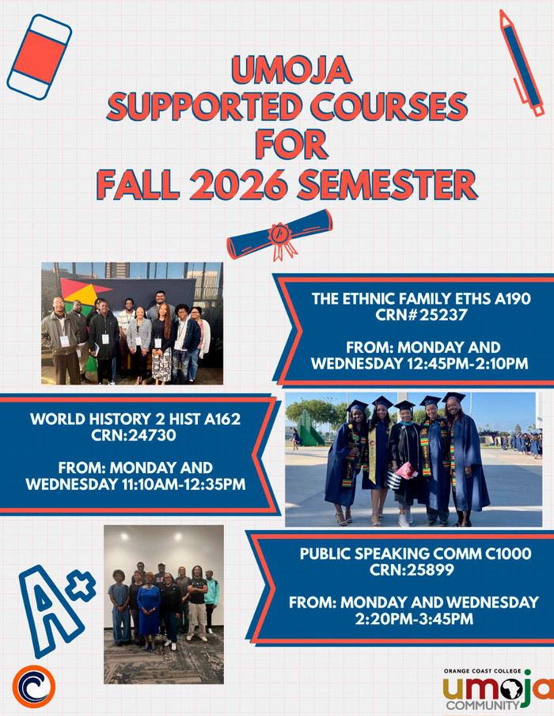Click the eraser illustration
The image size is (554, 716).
40,57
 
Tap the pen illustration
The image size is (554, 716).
521,63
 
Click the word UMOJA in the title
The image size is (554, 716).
291,70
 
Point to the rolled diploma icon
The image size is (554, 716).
279,235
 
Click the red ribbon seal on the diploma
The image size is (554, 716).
281,241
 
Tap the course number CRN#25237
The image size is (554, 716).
421,315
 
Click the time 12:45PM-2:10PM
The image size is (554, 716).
467,363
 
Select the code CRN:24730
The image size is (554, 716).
134,435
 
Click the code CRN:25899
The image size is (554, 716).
412,570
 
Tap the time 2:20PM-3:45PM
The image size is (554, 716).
414,619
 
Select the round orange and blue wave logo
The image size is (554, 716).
34,686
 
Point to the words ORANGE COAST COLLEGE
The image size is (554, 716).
482,671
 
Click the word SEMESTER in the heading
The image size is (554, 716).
388,184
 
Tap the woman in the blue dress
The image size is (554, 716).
149,610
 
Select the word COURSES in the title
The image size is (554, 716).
389,106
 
